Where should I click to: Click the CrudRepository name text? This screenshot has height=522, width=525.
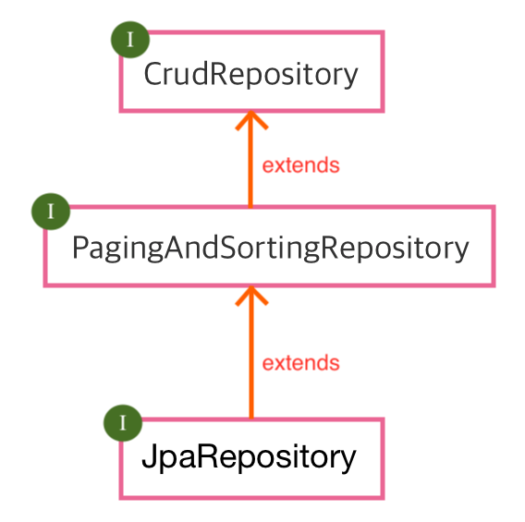[x=250, y=74]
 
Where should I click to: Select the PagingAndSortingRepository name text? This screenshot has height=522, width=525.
[x=270, y=248]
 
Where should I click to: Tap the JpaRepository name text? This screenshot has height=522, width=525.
[x=249, y=457]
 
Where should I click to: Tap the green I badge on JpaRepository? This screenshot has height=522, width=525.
[x=123, y=423]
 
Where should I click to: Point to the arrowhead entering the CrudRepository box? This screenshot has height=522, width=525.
[x=250, y=120]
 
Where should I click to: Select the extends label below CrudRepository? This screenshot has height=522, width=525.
[x=300, y=166]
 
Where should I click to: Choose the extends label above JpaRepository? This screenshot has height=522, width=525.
[x=300, y=363]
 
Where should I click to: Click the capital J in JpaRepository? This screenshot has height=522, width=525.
[x=148, y=457]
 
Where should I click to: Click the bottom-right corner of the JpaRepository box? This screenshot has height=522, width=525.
[x=381, y=496]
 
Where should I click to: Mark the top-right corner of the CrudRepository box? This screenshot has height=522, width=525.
[x=381, y=33]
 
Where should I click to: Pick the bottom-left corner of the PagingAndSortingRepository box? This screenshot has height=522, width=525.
[x=46, y=284]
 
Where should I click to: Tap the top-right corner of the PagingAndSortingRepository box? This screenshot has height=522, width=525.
[x=493, y=208]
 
